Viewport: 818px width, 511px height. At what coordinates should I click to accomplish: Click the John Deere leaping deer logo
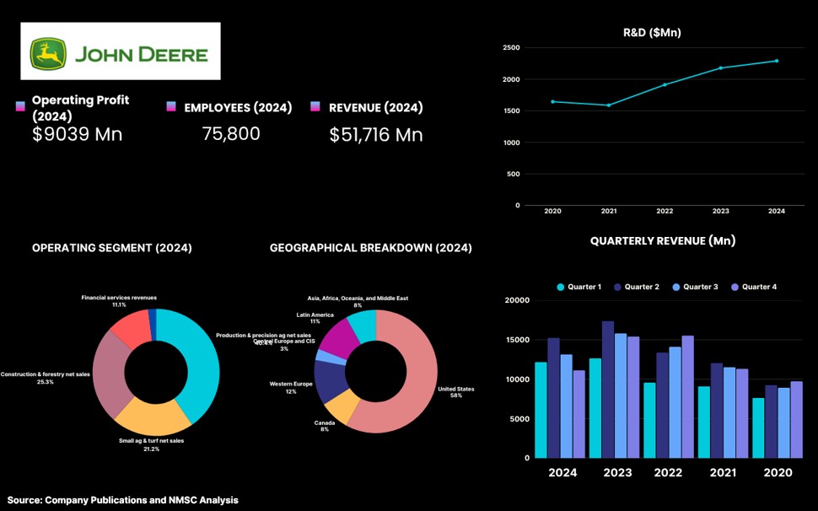48,54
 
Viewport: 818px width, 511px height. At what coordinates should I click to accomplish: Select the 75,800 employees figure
231,134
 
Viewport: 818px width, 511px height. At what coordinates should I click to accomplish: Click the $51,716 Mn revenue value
376,135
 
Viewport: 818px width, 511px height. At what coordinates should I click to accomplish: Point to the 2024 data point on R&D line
777,61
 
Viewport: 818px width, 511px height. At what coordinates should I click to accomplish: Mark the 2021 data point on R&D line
608,105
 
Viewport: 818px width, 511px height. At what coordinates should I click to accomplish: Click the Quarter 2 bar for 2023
608,390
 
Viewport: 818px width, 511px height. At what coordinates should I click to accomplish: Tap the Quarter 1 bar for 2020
758,428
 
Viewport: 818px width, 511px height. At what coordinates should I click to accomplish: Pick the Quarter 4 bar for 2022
687,396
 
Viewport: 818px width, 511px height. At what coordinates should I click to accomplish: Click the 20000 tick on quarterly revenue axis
516,300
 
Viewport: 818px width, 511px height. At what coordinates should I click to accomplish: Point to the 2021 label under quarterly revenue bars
724,473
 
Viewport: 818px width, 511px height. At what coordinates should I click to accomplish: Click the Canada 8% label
325,426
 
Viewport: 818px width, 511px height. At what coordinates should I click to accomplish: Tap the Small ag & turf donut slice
152,414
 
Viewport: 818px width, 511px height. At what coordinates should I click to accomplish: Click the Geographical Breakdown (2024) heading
371,248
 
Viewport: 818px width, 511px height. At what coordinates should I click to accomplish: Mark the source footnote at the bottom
123,500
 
